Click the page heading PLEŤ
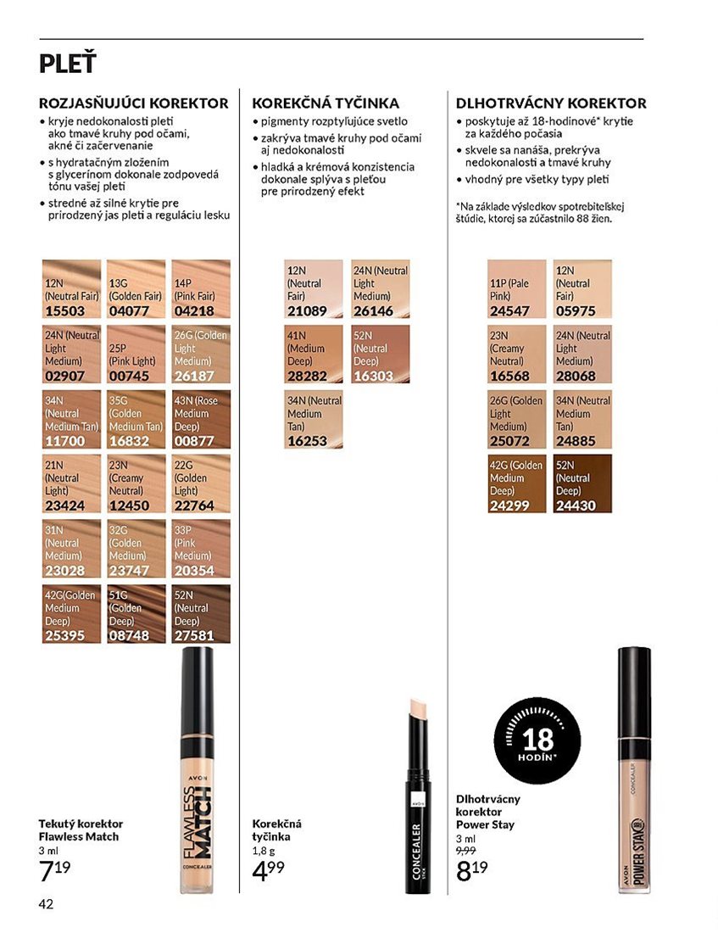(x=67, y=63)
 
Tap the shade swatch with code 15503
(x=71, y=288)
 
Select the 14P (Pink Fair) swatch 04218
(x=201, y=288)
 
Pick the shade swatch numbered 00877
(x=201, y=419)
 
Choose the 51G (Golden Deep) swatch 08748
(x=136, y=613)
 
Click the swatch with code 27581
(x=201, y=613)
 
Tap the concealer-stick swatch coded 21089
(x=314, y=288)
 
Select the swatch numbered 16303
(x=380, y=354)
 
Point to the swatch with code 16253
(x=314, y=419)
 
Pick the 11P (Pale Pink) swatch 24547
(x=516, y=288)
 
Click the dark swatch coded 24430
(x=582, y=483)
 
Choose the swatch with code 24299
(x=516, y=483)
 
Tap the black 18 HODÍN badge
(x=537, y=740)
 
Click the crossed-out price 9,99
(x=465, y=851)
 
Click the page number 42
(x=46, y=904)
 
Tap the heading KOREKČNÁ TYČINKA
(x=326, y=103)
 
